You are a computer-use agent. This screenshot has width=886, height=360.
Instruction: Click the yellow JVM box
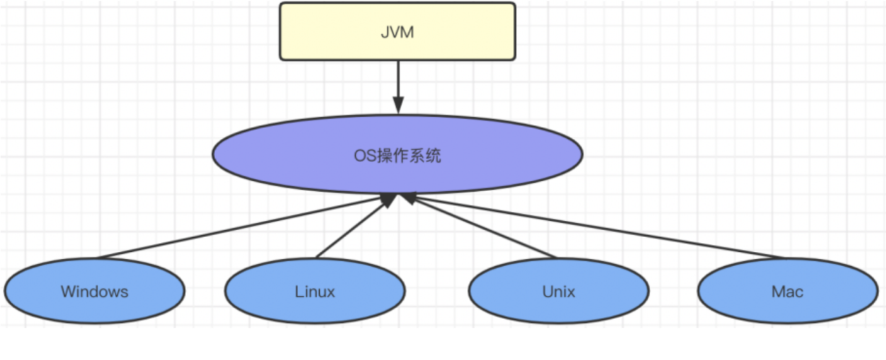tap(328, 32)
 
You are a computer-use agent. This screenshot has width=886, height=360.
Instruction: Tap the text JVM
tap(397, 32)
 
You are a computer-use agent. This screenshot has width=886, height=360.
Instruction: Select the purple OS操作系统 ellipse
tap(281, 155)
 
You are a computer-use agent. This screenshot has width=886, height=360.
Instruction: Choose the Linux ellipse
tap(263, 300)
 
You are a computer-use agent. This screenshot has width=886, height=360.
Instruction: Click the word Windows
tap(94, 292)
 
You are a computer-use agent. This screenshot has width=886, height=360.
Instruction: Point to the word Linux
tap(315, 292)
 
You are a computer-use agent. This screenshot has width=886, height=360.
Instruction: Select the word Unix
tap(558, 292)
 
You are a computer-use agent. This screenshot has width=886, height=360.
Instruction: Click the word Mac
tap(787, 292)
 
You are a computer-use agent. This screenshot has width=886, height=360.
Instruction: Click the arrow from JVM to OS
tap(398, 80)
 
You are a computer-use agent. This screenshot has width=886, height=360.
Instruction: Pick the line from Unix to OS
tap(483, 228)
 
